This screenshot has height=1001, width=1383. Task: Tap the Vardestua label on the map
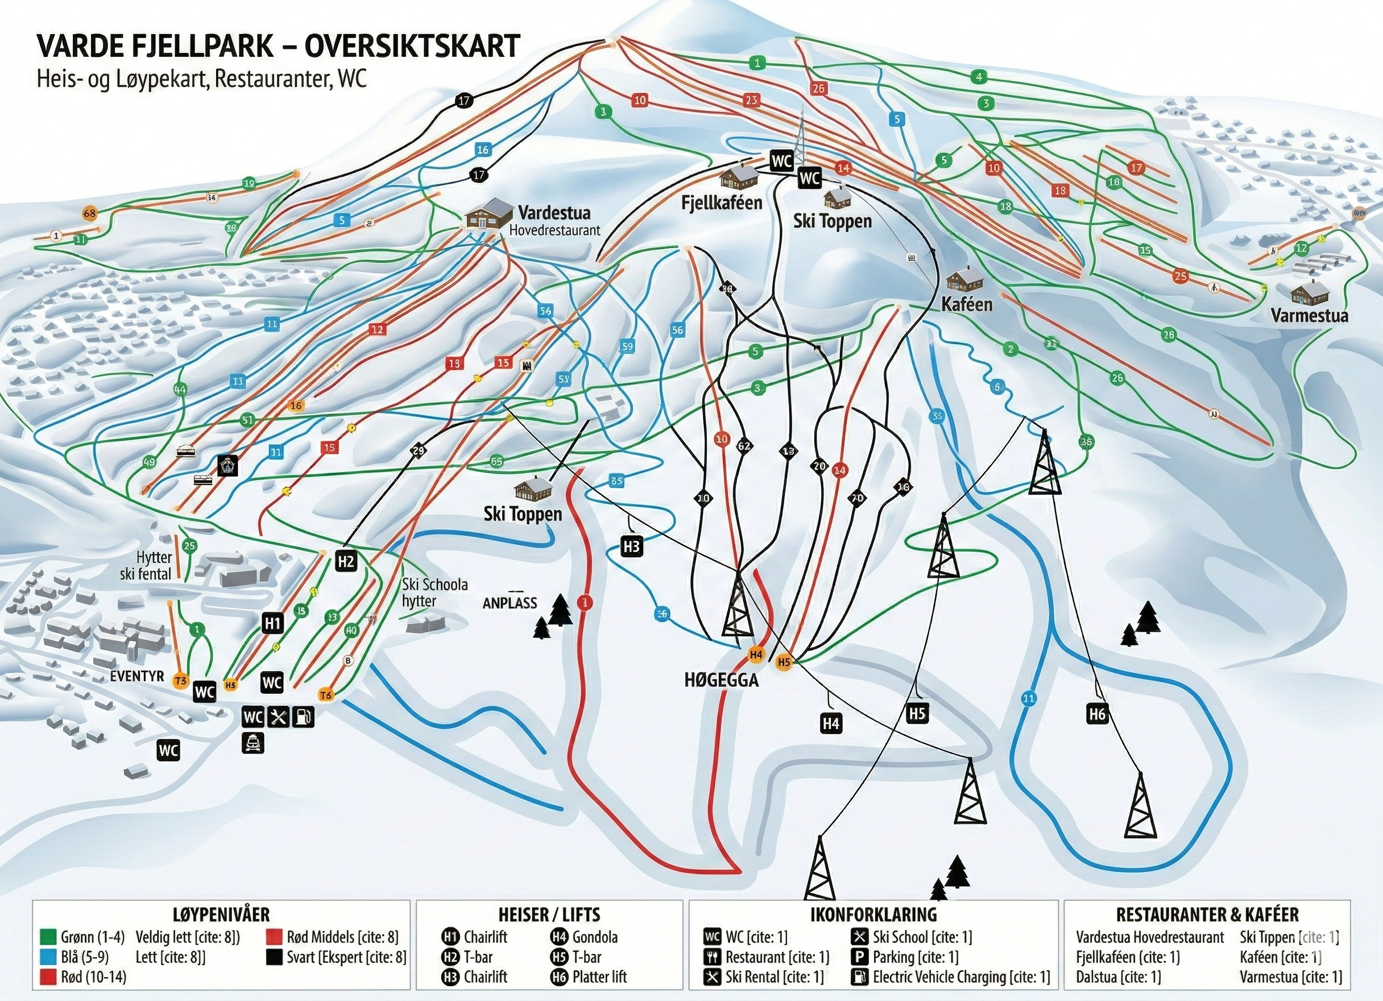pos(554,213)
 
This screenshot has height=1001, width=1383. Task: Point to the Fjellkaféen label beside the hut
pos(722,203)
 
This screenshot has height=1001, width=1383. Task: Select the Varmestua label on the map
pos(1309,315)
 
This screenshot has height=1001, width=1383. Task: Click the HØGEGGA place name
pos(722,680)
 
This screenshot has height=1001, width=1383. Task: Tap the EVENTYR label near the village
pos(137,676)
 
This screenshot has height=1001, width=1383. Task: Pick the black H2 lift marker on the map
pos(346,561)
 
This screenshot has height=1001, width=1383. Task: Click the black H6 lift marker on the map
pos(1097,714)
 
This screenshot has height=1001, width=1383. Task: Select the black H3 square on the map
pos(631,546)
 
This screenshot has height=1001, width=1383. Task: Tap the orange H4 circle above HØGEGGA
pos(756,655)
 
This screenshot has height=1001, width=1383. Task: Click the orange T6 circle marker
pos(326,695)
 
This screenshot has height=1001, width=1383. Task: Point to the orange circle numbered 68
pos(90,213)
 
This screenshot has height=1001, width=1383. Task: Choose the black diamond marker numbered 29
pos(419,451)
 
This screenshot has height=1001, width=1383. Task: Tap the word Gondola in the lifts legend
pos(595,937)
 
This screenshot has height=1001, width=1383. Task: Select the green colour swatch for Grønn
pos(48,937)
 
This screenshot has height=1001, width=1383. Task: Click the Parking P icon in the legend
pos(860,957)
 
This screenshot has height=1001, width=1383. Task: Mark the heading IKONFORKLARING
pos(873,915)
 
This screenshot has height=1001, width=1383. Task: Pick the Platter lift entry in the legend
pos(599,977)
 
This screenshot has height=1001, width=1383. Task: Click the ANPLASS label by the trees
pos(510,603)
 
